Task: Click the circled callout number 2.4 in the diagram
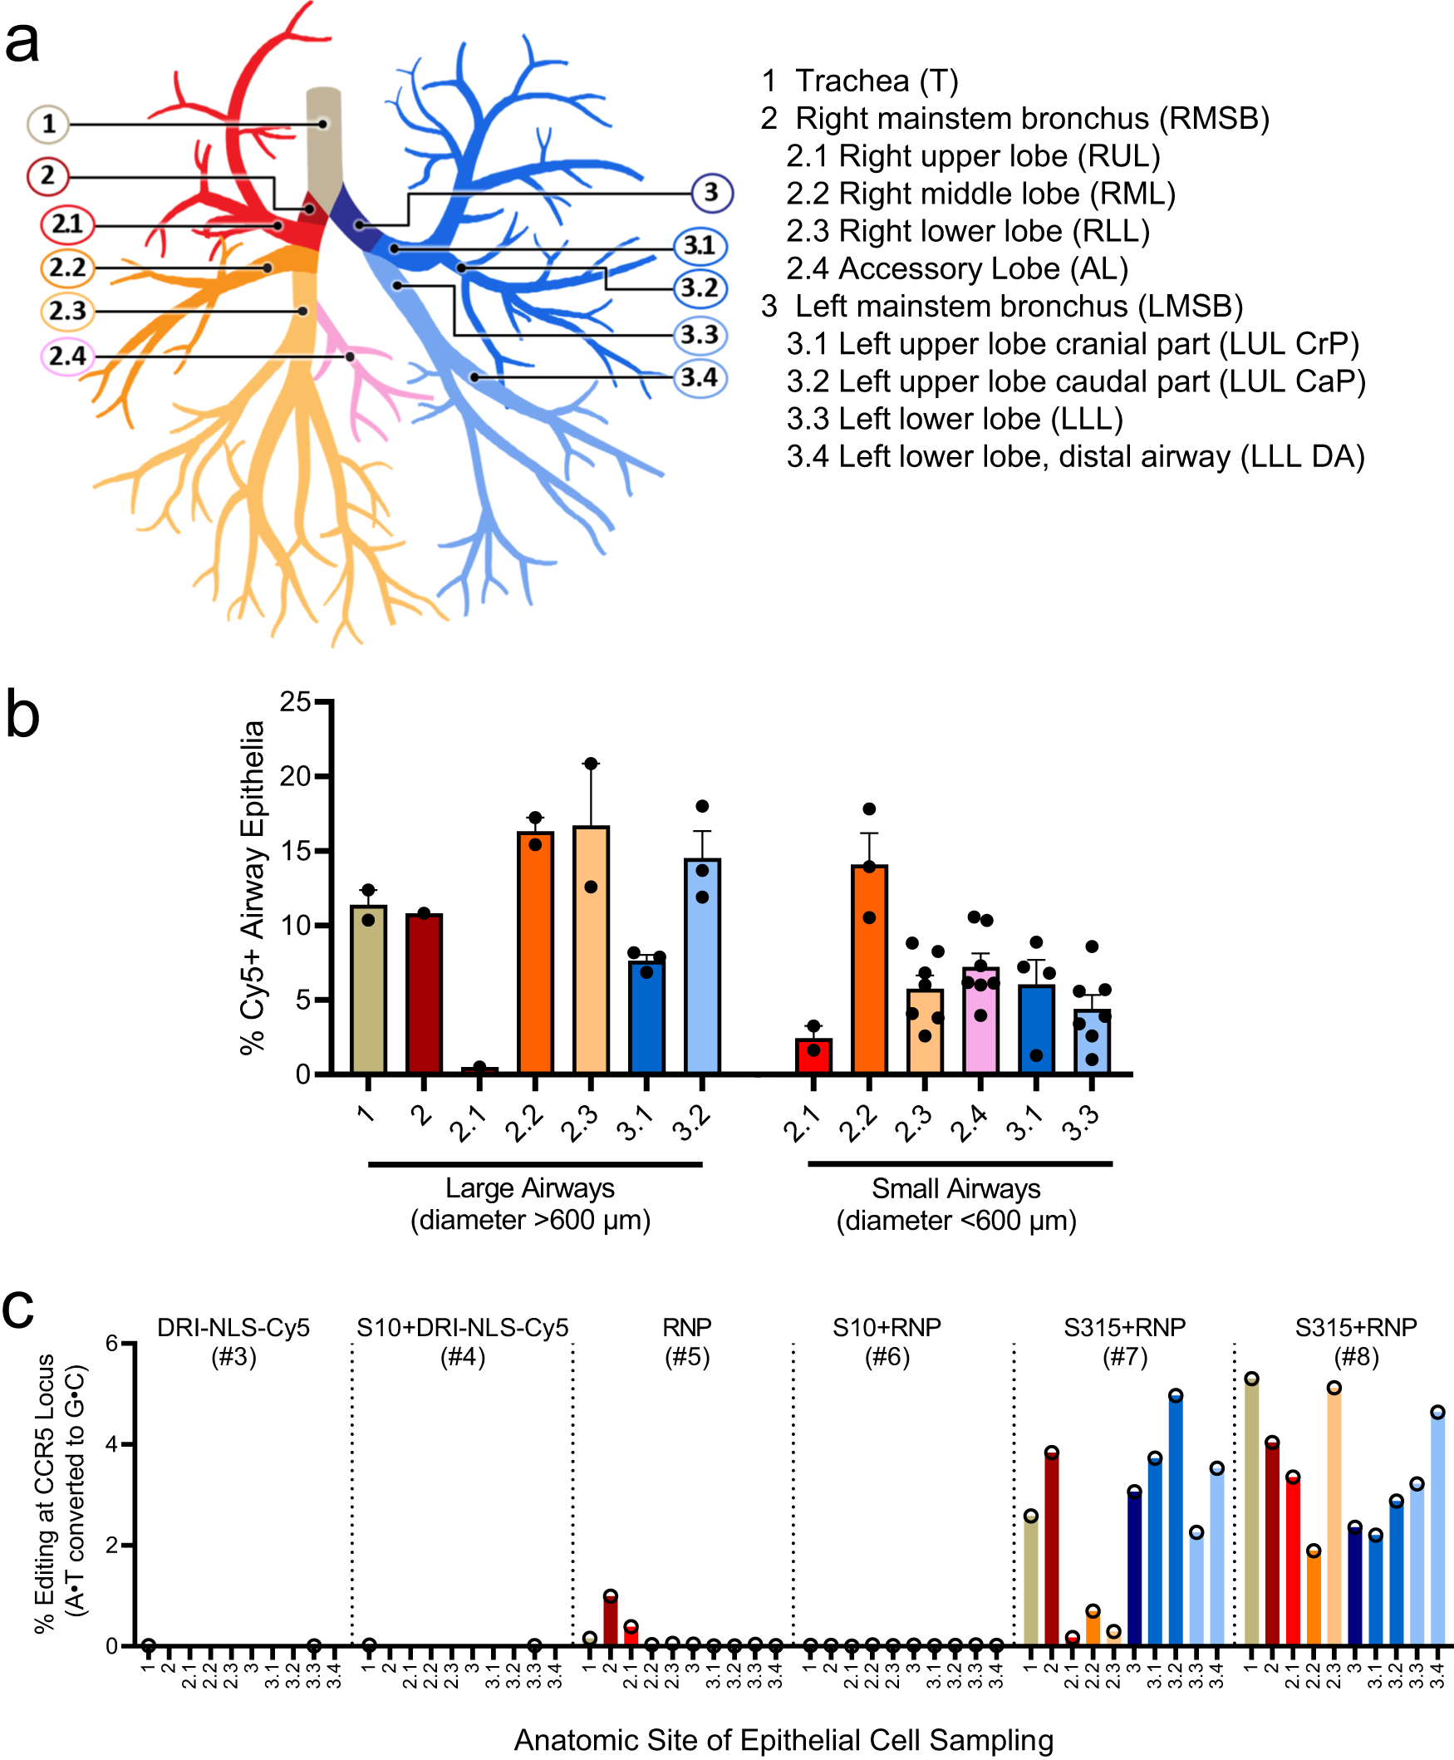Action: [67, 356]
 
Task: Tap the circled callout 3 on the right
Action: [711, 193]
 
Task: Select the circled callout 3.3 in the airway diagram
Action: [700, 335]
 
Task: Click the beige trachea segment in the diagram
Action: [323, 142]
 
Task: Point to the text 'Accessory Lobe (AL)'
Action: [983, 269]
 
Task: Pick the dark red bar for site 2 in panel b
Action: [424, 993]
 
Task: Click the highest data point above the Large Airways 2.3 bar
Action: [591, 763]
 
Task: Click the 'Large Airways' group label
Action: [529, 1187]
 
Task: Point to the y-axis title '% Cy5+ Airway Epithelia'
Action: [252, 887]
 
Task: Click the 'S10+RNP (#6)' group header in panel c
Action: [887, 1341]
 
